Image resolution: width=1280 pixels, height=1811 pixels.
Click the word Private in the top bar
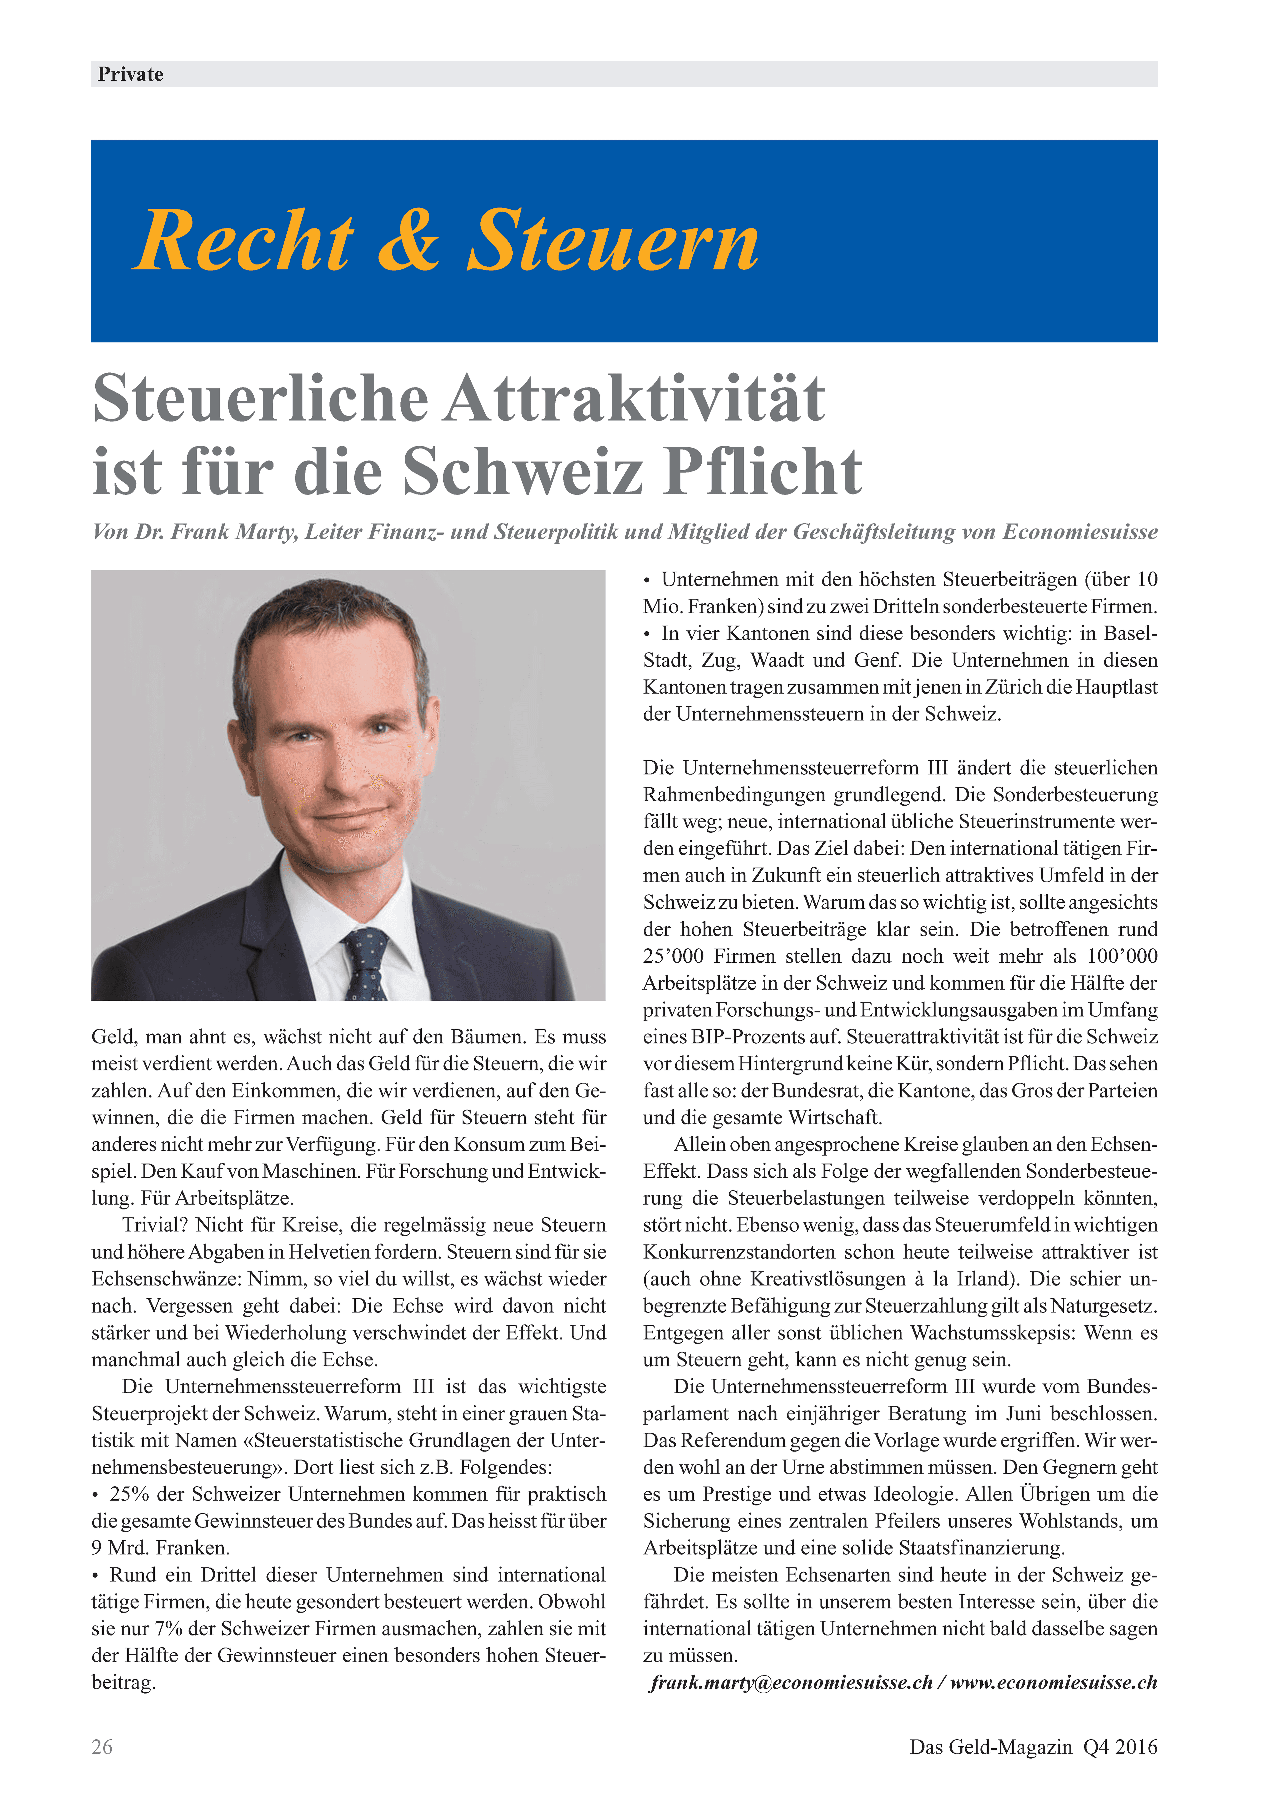pos(130,74)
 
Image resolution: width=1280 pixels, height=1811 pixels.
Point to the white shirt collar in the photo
pos(315,915)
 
